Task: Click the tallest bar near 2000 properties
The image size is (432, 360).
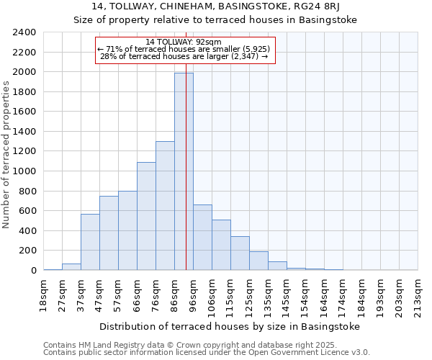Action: point(184,173)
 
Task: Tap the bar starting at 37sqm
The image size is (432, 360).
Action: point(90,242)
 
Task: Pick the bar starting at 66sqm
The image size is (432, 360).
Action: point(146,216)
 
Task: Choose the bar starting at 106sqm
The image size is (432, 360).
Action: point(221,245)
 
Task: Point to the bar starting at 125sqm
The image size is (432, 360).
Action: point(258,261)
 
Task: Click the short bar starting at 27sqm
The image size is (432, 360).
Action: point(71,266)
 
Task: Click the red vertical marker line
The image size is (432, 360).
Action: point(186,216)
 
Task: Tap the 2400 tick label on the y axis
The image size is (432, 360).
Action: point(24,32)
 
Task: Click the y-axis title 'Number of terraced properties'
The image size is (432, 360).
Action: point(7,155)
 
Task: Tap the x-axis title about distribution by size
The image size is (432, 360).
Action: point(229,326)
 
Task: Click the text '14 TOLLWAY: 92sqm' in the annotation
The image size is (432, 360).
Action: point(185,42)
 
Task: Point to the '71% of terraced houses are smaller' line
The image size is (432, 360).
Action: point(185,49)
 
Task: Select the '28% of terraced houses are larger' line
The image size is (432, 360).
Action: point(185,56)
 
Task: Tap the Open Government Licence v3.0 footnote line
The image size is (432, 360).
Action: point(207,353)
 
